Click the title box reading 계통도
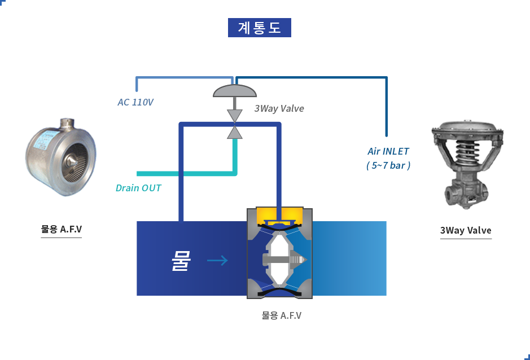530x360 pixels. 259,28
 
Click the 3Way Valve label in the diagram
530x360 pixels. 279,108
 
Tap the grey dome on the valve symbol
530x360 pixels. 235,90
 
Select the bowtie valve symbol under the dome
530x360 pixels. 233,123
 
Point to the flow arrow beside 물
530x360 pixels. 217,261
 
